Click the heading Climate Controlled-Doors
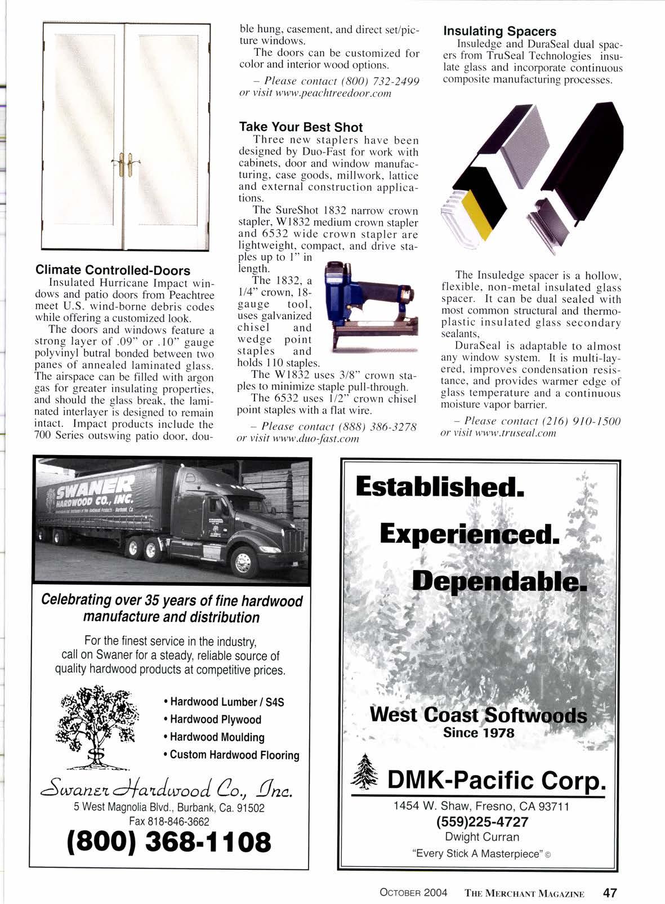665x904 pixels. (x=113, y=270)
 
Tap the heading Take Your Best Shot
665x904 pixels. (x=301, y=127)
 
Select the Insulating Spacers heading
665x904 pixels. (x=499, y=32)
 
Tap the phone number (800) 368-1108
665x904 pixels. (x=169, y=842)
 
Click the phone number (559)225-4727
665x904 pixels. (x=483, y=822)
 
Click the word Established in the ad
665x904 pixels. (x=440, y=487)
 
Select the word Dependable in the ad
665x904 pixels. (x=499, y=580)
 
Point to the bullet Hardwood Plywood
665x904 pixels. (x=215, y=719)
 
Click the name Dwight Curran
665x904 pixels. (x=482, y=837)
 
